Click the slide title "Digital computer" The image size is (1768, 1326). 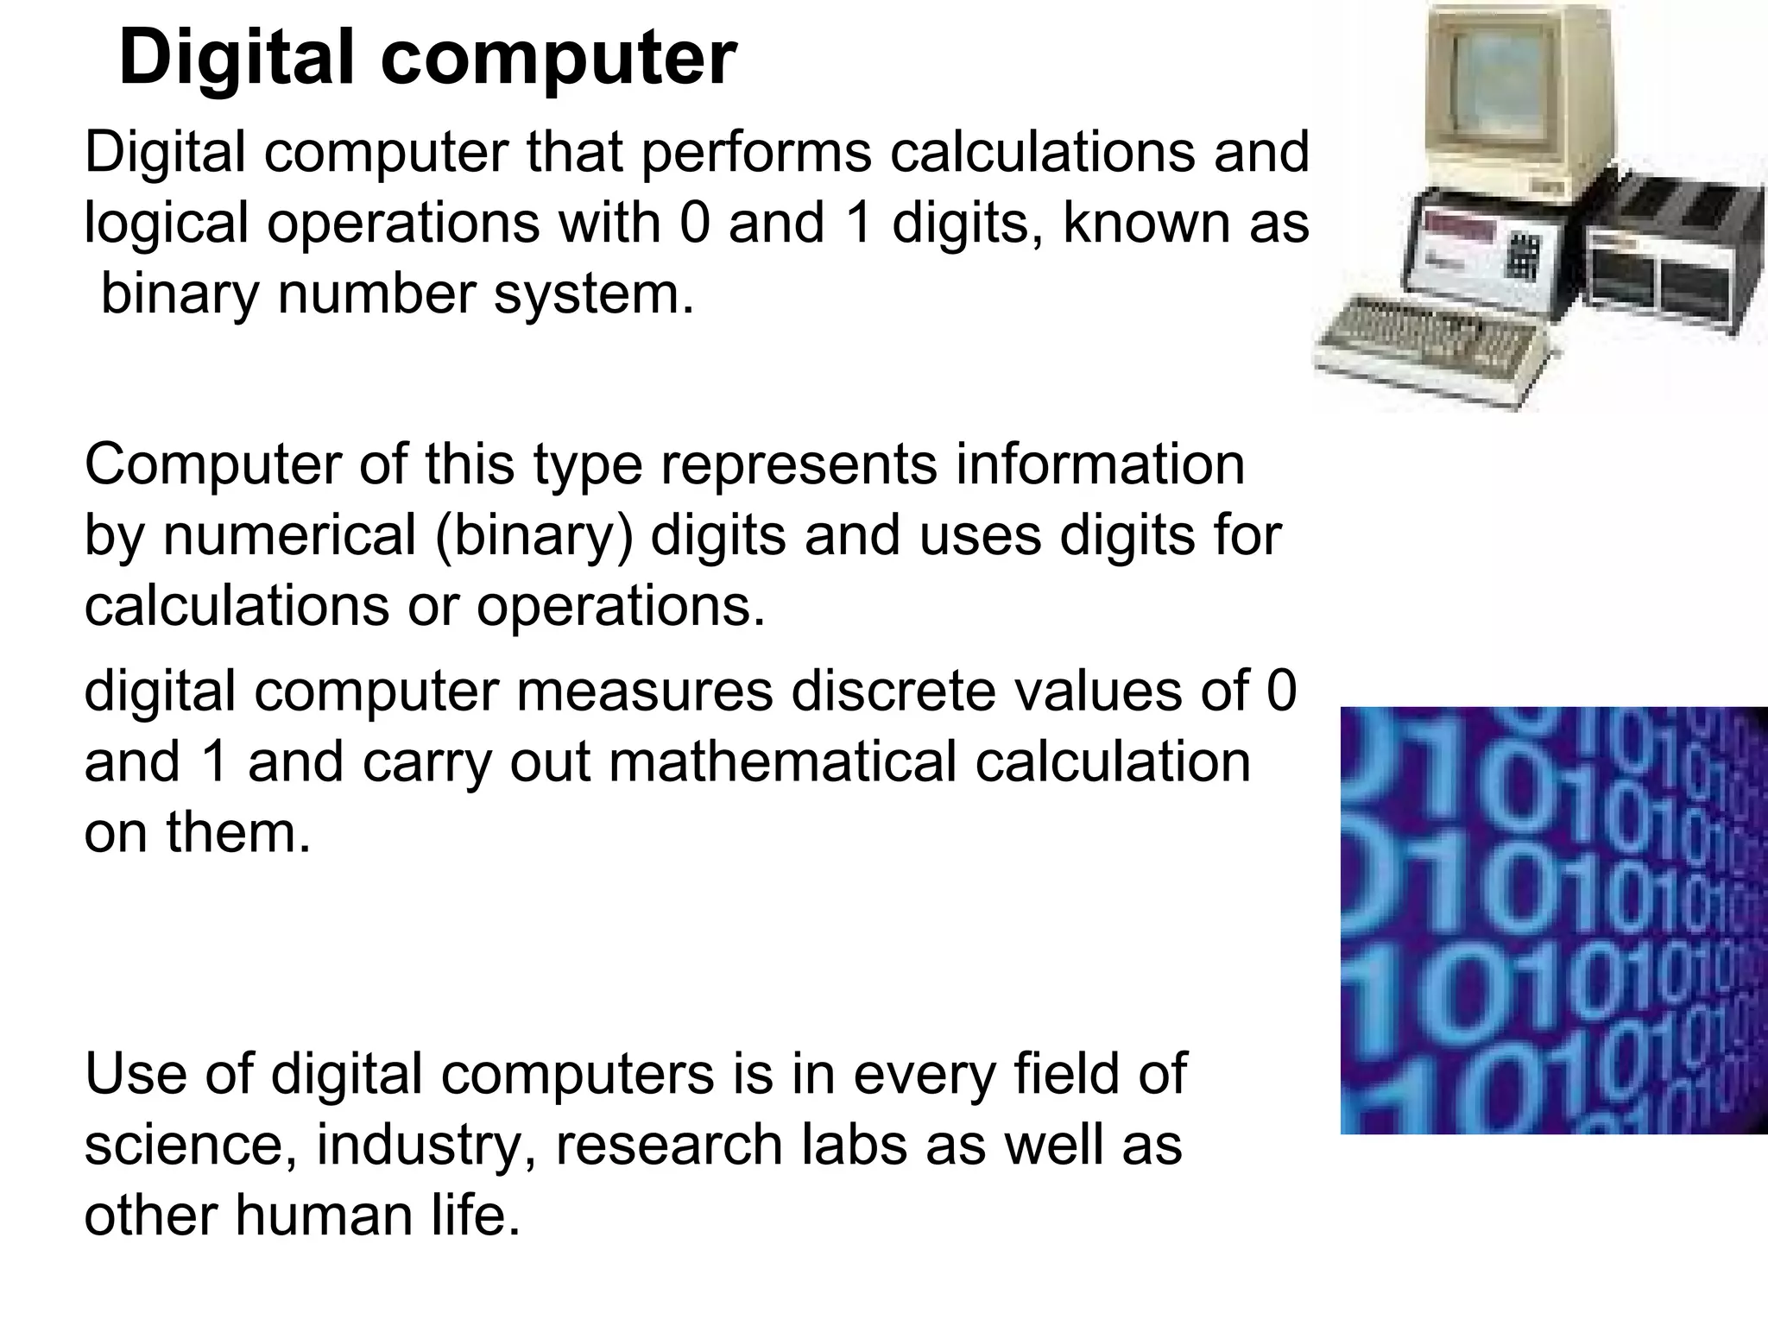(427, 59)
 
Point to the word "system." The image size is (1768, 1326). (594, 294)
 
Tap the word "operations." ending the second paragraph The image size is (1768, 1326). (621, 607)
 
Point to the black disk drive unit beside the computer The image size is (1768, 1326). (1666, 259)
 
